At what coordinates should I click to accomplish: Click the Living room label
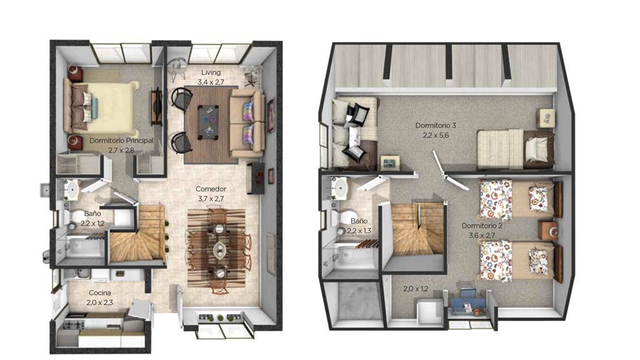pyautogui.click(x=211, y=72)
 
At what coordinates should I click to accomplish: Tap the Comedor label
pyautogui.click(x=211, y=189)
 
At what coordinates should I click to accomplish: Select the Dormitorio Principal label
pyautogui.click(x=121, y=141)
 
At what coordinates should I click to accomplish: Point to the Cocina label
pyautogui.click(x=100, y=292)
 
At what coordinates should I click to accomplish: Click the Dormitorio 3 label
pyautogui.click(x=436, y=125)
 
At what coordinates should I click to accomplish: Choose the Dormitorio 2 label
pyautogui.click(x=482, y=226)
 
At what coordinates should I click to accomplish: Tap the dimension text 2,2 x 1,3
pyautogui.click(x=359, y=231)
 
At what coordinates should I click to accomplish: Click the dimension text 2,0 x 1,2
pyautogui.click(x=416, y=289)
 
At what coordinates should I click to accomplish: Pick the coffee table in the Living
pyautogui.click(x=208, y=122)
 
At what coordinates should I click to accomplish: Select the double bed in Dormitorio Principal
pyautogui.click(x=101, y=107)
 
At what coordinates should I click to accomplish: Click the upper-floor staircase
pyautogui.click(x=417, y=229)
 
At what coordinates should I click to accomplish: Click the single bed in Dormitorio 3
pyautogui.click(x=516, y=149)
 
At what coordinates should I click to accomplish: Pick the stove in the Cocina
pyautogui.click(x=75, y=324)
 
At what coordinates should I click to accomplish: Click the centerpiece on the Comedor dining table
pyautogui.click(x=219, y=249)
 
